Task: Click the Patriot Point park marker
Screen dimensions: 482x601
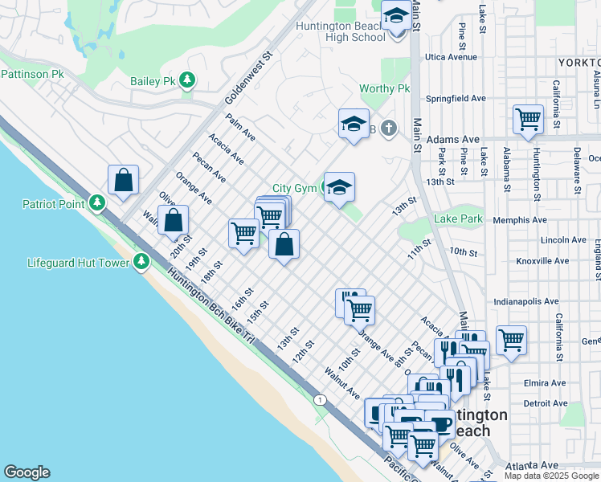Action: (x=97, y=203)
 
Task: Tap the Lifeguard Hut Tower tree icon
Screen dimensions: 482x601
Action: (x=141, y=262)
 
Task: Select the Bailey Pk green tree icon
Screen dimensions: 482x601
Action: (x=187, y=80)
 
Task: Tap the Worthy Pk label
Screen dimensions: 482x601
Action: (x=385, y=88)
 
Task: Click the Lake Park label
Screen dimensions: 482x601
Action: (x=458, y=219)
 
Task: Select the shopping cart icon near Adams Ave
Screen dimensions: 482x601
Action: (x=528, y=120)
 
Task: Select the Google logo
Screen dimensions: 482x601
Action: (x=27, y=472)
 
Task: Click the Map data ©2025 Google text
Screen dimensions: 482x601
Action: (x=551, y=476)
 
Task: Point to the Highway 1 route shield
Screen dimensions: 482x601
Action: (x=321, y=399)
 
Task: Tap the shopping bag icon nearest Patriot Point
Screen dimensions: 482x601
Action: (x=123, y=181)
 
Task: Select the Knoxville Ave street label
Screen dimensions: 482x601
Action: (x=519, y=261)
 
